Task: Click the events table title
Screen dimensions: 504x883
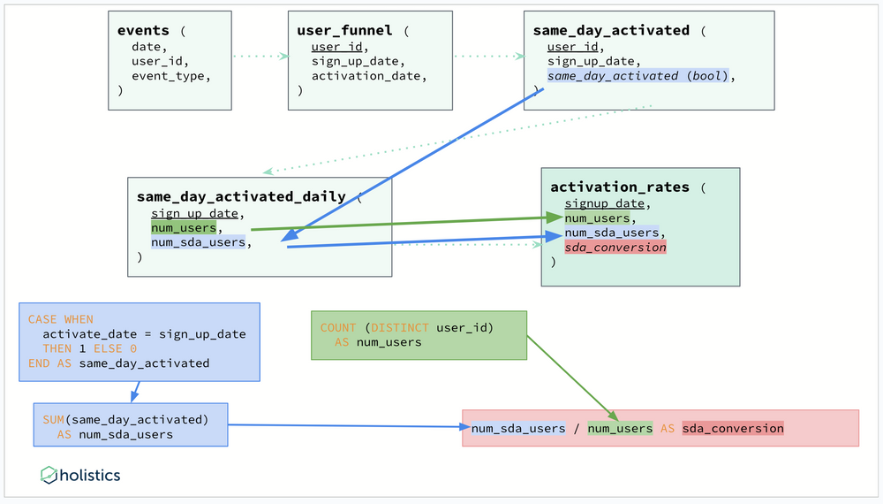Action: pyautogui.click(x=144, y=31)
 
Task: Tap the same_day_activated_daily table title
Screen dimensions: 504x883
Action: pyautogui.click(x=241, y=196)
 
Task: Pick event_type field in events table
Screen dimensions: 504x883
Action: pyautogui.click(x=171, y=76)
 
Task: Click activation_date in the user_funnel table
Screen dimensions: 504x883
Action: pyautogui.click(x=369, y=76)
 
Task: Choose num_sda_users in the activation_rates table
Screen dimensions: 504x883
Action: pyautogui.click(x=612, y=233)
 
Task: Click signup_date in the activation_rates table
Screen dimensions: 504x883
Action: pyautogui.click(x=605, y=203)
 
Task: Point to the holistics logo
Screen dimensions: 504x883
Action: pyautogui.click(x=80, y=476)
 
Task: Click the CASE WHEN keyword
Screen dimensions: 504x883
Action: pyautogui.click(x=60, y=319)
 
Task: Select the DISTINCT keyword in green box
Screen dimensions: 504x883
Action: pyautogui.click(x=398, y=327)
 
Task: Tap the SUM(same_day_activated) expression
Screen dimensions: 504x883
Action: pyautogui.click(x=125, y=419)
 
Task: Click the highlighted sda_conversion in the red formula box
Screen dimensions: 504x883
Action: pyautogui.click(x=732, y=428)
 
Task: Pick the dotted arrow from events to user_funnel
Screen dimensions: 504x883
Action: pyautogui.click(x=260, y=57)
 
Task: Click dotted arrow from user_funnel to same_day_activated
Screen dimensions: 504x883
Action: pyautogui.click(x=488, y=57)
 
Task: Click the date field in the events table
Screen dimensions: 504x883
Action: pyautogui.click(x=146, y=46)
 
